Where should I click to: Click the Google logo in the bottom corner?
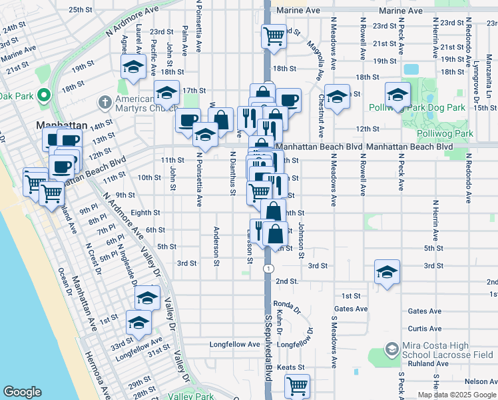[23, 392]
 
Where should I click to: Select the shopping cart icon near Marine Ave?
[273, 35]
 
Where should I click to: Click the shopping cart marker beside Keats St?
[297, 385]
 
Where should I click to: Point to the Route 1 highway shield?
[268, 268]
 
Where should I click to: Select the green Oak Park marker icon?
[45, 95]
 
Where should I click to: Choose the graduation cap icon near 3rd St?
[387, 271]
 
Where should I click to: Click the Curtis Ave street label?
[425, 329]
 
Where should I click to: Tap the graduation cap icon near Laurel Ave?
[133, 67]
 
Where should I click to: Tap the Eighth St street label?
[146, 213]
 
